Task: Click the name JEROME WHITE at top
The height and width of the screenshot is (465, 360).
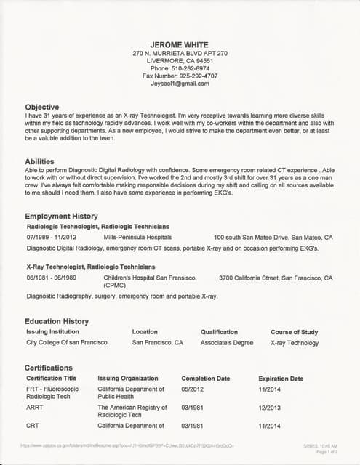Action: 180,44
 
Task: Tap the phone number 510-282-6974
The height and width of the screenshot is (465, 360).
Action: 190,68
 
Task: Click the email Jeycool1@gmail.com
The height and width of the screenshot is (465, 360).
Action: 180,84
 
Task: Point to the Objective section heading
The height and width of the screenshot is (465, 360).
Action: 42,106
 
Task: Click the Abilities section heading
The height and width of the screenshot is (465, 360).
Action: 39,162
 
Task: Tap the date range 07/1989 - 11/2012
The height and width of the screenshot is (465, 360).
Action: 56,238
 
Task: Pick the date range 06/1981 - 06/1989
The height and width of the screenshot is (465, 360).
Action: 56,278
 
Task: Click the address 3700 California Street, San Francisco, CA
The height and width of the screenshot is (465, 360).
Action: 276,278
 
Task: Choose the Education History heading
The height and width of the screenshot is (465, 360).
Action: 56,321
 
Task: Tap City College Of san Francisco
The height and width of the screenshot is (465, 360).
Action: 66,342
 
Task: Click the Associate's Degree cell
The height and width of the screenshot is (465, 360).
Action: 227,342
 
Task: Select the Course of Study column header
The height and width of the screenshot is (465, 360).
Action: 294,332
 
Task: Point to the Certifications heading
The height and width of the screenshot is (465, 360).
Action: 49,368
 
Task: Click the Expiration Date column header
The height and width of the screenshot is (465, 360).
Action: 281,379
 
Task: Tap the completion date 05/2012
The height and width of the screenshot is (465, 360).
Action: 193,389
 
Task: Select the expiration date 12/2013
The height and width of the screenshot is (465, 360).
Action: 270,408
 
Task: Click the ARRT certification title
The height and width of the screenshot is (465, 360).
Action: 35,408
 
